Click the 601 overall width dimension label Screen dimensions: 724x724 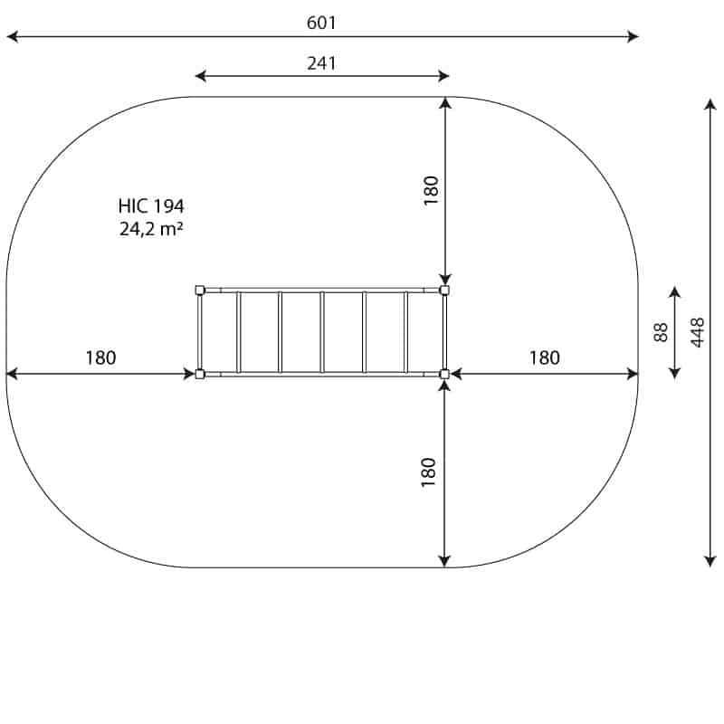click(321, 23)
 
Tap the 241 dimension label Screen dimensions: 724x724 click(322, 63)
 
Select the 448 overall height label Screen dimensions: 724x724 click(697, 332)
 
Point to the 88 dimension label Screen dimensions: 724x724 click(661, 332)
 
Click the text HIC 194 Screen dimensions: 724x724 click(151, 206)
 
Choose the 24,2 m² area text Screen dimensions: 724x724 click(151, 229)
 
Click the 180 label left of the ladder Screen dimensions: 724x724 click(100, 357)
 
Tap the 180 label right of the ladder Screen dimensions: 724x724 click(545, 357)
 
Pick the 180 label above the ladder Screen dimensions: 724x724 click(431, 190)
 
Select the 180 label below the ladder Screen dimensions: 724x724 click(428, 472)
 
